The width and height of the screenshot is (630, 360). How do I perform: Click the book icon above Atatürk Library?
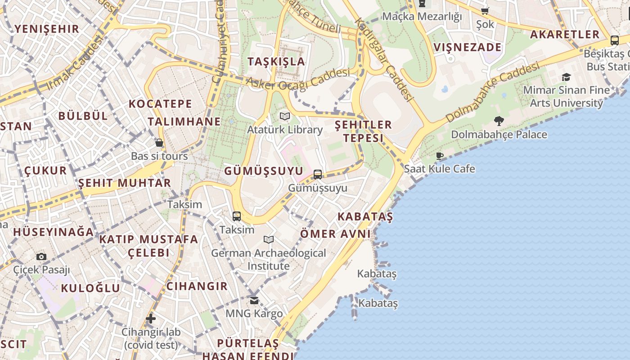coord(284,117)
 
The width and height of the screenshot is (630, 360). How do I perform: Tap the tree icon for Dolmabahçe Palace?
coord(499,121)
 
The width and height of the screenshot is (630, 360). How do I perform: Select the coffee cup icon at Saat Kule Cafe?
coord(440,156)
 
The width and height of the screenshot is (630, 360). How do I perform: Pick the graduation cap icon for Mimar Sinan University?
coord(566,77)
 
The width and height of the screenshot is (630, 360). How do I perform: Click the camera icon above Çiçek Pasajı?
coord(41,256)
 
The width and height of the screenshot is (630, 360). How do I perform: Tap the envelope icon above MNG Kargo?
coord(254,300)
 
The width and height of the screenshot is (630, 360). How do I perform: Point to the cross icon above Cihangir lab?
coord(151,319)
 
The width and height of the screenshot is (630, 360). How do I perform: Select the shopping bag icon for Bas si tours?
coord(159,143)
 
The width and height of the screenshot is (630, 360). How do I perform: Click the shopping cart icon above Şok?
coord(485,11)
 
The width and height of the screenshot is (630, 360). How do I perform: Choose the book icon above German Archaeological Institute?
coord(269,239)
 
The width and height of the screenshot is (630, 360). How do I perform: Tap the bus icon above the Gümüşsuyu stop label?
coord(318,174)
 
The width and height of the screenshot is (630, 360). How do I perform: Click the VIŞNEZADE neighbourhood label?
coord(468,47)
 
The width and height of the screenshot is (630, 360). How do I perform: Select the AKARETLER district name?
coord(565,34)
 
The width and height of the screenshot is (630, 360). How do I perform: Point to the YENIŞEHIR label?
coord(47,29)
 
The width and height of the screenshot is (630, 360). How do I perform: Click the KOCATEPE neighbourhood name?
coord(160,104)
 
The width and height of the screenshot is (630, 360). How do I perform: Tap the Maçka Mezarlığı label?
coord(422,17)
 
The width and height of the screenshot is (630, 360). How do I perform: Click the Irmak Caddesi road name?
coord(74,62)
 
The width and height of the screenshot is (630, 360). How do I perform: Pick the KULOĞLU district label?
coord(90,288)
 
